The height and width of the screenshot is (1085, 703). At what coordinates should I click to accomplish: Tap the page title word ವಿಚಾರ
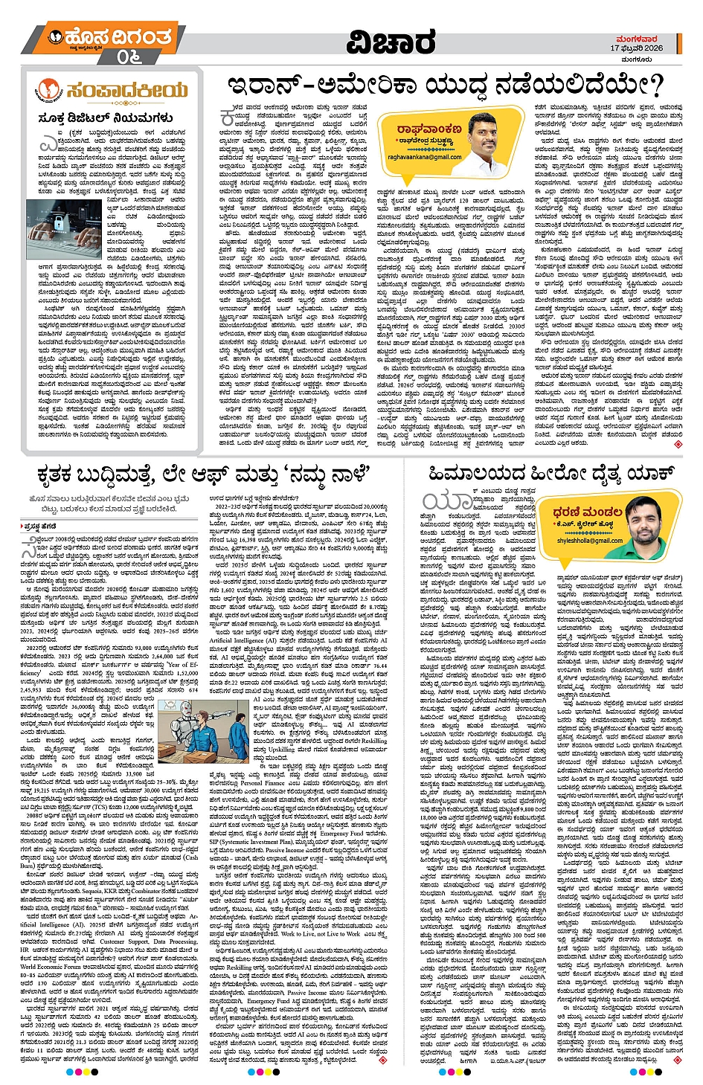coord(391,42)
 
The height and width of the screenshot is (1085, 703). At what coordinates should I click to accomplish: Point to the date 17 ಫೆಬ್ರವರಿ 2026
coord(637,48)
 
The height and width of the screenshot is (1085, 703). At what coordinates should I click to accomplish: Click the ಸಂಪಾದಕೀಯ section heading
coord(126,90)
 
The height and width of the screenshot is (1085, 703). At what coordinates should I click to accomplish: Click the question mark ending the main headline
coord(653,86)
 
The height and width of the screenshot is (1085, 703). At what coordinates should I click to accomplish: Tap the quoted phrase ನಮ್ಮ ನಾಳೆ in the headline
coord(327,474)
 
